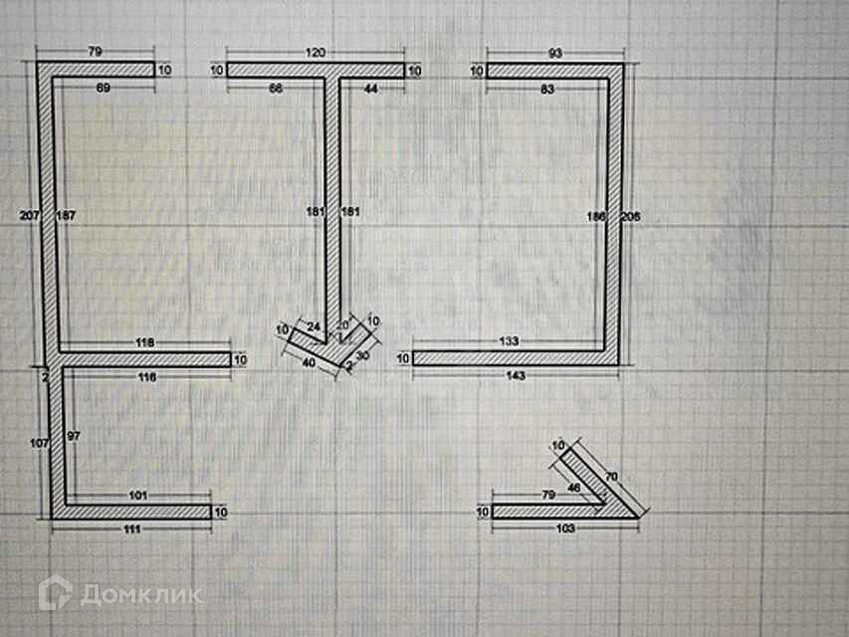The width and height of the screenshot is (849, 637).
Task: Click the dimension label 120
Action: pos(316,51)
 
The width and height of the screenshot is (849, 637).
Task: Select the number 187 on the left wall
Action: pos(66,214)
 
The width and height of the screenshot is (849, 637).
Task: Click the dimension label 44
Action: pos(371,90)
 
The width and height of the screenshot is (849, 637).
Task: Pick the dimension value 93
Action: pos(555,51)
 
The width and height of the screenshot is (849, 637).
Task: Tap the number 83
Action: pos(547,90)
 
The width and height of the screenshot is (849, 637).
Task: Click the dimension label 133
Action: pos(509,341)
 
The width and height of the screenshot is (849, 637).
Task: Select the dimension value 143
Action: pos(516,375)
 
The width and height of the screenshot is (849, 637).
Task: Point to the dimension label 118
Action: pos(145,341)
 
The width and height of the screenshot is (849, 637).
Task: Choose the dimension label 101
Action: pos(138,494)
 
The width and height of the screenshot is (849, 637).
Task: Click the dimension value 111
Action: pos(131,528)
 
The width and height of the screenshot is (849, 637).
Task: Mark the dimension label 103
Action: pos(566,528)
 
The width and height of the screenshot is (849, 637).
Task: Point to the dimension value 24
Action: pos(313,325)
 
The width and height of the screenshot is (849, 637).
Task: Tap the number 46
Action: pos(573,487)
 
